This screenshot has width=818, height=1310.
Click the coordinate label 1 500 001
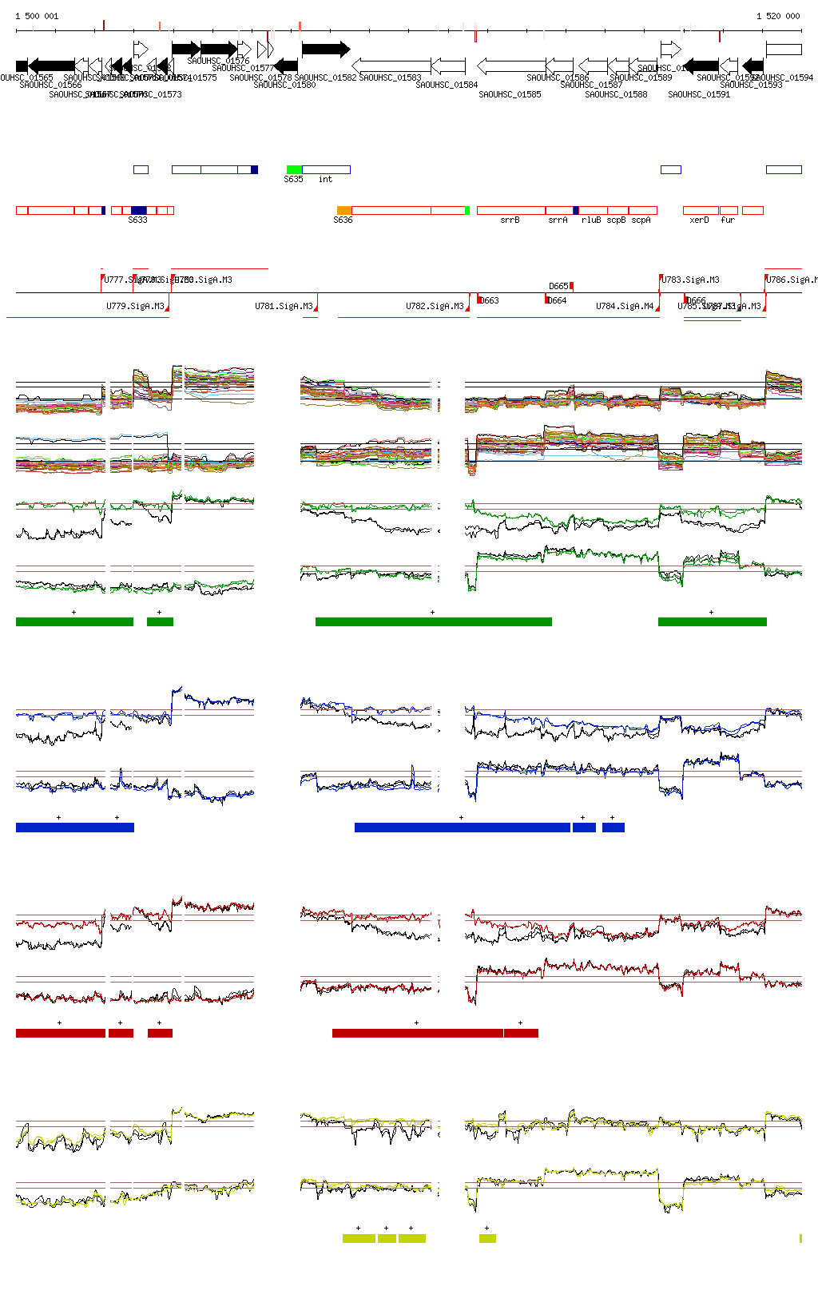(x=37, y=16)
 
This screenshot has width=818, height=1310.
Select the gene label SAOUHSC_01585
(x=510, y=94)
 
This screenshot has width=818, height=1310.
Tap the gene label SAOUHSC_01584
(x=447, y=85)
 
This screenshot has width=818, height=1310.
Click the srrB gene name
(x=510, y=220)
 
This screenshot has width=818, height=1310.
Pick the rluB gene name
(x=591, y=220)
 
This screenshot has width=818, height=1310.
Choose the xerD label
(x=699, y=220)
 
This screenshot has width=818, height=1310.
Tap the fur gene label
(x=728, y=220)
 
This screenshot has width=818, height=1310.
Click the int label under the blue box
(x=325, y=179)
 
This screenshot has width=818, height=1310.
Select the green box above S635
(x=294, y=169)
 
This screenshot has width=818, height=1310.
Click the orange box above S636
(x=343, y=210)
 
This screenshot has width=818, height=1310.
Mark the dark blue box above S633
(x=139, y=210)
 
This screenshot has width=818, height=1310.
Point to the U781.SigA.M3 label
(x=284, y=306)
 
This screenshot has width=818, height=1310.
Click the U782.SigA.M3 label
(x=435, y=306)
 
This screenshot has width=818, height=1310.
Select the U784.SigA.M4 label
(x=625, y=306)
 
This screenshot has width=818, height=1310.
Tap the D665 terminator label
(x=558, y=286)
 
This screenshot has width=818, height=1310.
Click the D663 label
(x=490, y=300)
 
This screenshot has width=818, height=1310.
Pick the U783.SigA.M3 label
(x=691, y=280)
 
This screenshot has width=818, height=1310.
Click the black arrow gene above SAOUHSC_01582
(x=325, y=50)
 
